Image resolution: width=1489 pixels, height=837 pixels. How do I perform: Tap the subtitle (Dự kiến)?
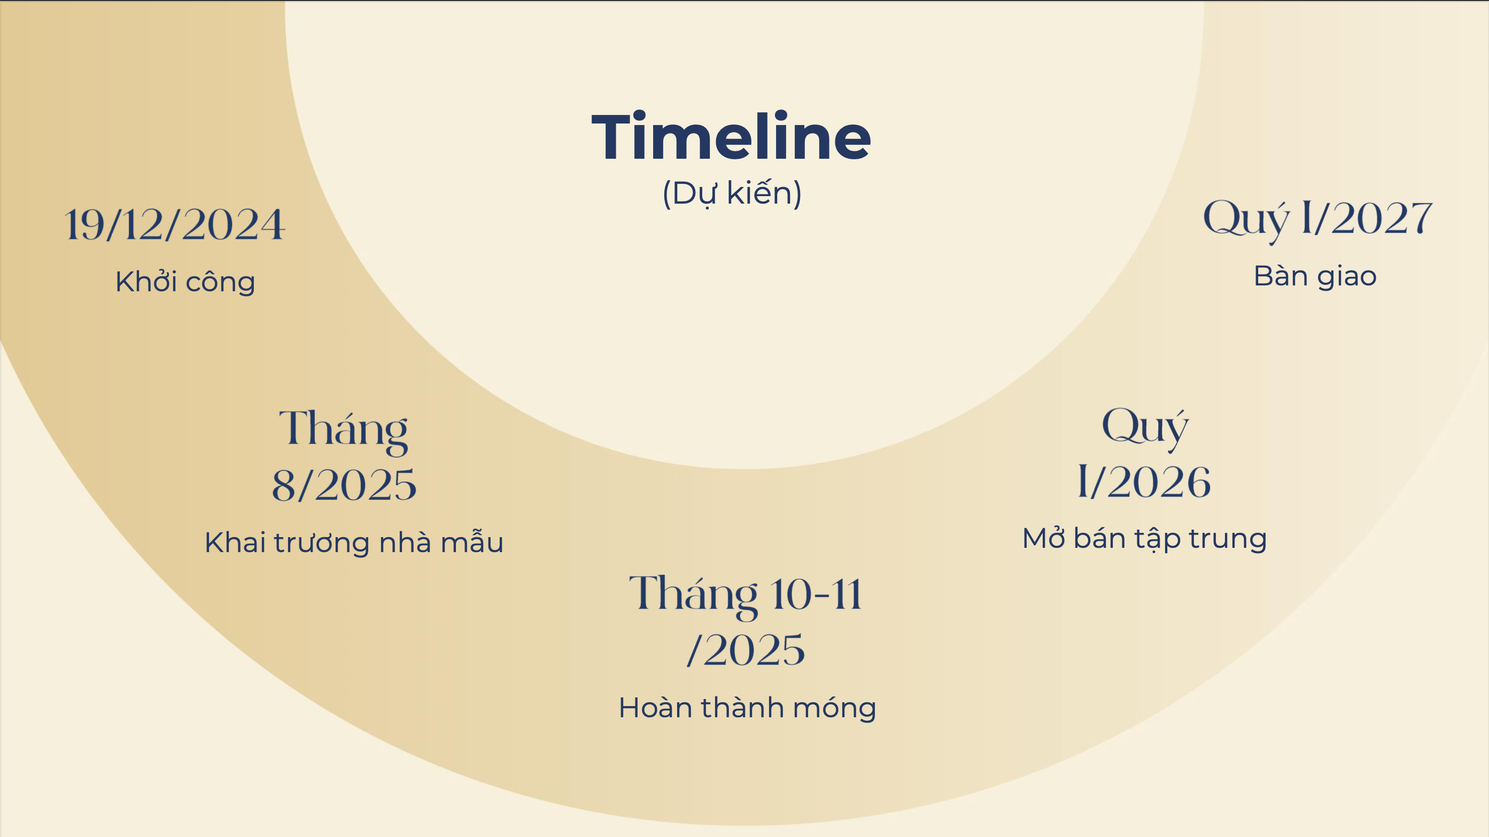732,193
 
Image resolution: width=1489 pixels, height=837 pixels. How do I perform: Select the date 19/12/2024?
175,224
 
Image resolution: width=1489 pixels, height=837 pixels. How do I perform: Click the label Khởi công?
185,282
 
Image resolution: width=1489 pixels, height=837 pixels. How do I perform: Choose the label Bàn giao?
1315,277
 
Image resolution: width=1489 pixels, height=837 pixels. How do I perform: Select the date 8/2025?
344,484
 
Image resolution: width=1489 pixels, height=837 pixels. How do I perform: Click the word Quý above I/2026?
1145,428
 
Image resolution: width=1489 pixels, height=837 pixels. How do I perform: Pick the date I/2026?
1144,482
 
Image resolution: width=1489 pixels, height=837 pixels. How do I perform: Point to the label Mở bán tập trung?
1144,539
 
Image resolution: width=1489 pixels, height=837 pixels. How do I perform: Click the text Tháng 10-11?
746,595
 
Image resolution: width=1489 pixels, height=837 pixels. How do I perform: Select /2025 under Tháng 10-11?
746,650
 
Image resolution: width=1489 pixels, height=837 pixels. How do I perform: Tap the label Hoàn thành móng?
747,708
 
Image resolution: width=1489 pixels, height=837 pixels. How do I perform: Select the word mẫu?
472,542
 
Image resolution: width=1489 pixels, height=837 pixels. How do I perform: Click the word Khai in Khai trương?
235,542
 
